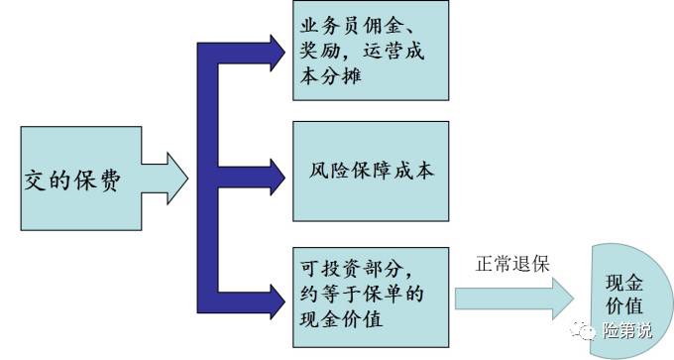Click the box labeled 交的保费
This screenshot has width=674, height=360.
click(x=75, y=179)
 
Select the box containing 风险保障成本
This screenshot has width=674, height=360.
click(x=371, y=171)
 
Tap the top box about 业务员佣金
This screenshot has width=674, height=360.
click(x=371, y=51)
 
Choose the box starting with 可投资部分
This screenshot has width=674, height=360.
click(x=371, y=294)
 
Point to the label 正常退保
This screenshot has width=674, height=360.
click(x=512, y=264)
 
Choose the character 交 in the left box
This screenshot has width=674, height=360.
click(x=34, y=180)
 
